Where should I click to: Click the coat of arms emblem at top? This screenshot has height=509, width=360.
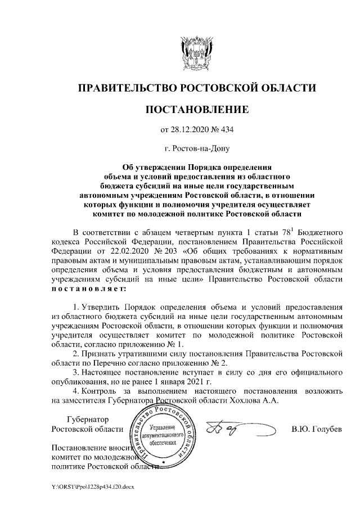196,51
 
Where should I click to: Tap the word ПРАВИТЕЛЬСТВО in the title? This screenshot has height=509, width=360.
125,88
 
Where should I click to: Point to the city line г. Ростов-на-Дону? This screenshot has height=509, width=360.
196,149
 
